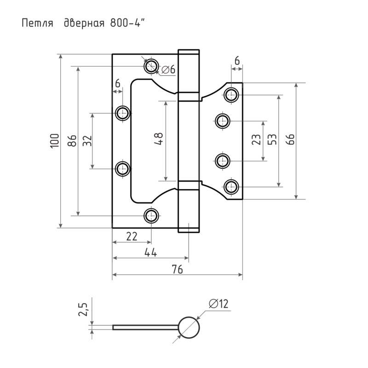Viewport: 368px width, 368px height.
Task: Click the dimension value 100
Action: click(x=54, y=141)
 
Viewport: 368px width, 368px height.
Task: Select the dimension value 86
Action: click(x=72, y=141)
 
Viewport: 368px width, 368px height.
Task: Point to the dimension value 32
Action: click(x=87, y=141)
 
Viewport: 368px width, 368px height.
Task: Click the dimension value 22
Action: click(x=132, y=236)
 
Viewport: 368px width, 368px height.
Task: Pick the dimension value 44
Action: click(x=151, y=253)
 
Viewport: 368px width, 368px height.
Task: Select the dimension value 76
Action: click(x=178, y=270)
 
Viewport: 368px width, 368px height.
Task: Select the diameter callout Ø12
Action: click(x=218, y=304)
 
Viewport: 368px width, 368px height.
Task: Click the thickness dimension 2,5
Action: click(x=84, y=310)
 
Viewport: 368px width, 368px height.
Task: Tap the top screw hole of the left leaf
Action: click(x=151, y=66)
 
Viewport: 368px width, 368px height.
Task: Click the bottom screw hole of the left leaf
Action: click(x=151, y=215)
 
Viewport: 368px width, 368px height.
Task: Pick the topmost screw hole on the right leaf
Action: click(x=231, y=95)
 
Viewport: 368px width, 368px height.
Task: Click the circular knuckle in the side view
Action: click(x=189, y=328)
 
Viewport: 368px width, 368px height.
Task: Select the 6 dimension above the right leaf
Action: click(x=237, y=60)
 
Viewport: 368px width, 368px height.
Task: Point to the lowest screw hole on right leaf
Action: click(x=231, y=187)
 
